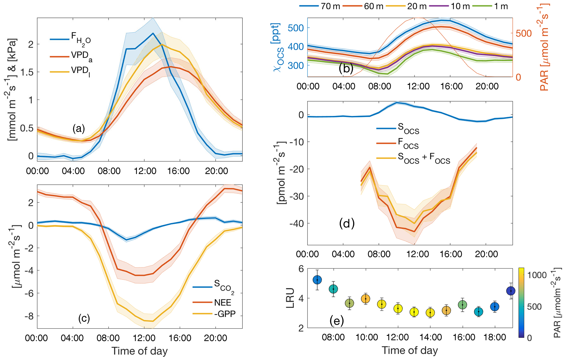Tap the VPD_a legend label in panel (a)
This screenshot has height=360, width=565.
[81, 56]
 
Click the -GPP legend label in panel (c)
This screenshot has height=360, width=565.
[225, 313]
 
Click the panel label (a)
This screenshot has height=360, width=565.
[78, 128]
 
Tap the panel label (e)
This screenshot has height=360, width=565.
[336, 321]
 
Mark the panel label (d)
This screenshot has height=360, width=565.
[347, 223]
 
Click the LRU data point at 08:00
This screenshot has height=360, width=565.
[333, 289]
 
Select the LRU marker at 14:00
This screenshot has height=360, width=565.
[430, 312]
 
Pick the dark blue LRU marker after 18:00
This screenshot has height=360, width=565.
[511, 291]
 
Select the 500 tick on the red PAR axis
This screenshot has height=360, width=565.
[524, 33]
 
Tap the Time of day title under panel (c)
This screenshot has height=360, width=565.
[139, 351]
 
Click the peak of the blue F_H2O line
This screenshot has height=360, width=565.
[153, 33]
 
